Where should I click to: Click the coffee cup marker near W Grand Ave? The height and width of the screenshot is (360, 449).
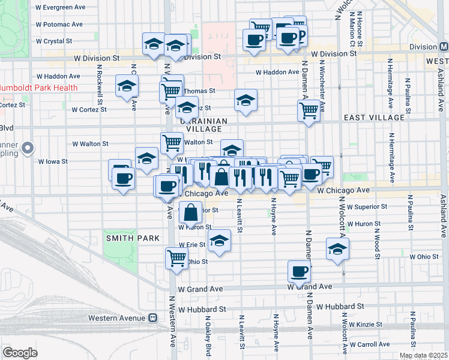click(299, 271)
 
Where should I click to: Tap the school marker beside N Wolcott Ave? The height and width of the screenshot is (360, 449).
click(338, 248)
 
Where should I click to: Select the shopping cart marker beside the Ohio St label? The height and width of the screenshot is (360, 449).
click(176, 257)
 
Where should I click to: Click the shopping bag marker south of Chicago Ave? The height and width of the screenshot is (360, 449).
click(190, 212)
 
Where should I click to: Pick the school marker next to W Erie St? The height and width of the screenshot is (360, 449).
click(219, 241)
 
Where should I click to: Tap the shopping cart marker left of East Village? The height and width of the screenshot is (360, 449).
click(309, 110)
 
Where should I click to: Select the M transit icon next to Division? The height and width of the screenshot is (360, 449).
click(444, 47)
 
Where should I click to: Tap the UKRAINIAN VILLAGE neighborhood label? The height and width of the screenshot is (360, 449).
click(203, 124)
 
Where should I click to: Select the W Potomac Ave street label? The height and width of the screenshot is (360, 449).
click(59, 25)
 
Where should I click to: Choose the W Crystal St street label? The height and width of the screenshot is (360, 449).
click(54, 41)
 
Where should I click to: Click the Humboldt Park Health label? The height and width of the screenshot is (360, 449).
click(39, 88)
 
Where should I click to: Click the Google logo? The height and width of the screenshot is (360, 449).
click(20, 353)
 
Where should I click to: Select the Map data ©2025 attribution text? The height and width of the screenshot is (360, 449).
click(423, 356)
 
